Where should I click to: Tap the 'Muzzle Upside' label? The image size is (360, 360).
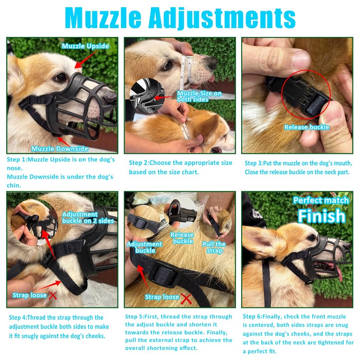point(85,46)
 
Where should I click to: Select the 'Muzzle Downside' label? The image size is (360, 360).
point(60,148)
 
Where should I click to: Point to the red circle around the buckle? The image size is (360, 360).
point(306,94)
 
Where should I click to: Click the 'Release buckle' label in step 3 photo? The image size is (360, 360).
point(306,127)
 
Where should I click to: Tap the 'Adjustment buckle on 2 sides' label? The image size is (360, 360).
point(88,218)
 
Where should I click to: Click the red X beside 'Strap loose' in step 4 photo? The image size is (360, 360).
point(53,295)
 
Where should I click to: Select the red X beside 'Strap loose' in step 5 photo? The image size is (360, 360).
point(186,297)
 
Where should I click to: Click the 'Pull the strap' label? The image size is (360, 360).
point(214,247)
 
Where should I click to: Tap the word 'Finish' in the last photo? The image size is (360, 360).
point(321,216)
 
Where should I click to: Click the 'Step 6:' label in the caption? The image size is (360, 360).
point(252,316)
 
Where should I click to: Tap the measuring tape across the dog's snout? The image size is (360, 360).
point(185,72)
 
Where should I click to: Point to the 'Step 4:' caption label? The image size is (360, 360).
point(18,318)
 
